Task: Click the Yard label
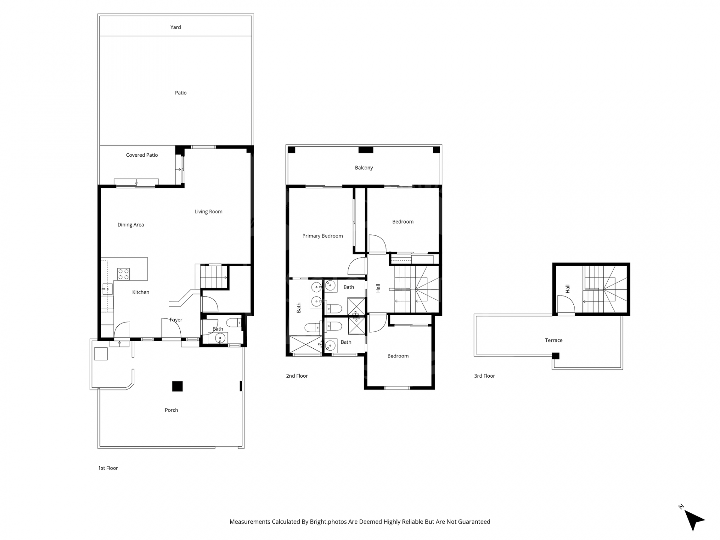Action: pyautogui.click(x=175, y=27)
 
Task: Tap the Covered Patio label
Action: pyautogui.click(x=142, y=155)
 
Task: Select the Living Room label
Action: pyautogui.click(x=208, y=211)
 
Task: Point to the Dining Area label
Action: pyautogui.click(x=130, y=225)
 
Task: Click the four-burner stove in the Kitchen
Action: pyautogui.click(x=123, y=274)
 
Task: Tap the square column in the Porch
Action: pyautogui.click(x=177, y=386)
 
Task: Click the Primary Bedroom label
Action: pyautogui.click(x=322, y=236)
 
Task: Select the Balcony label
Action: pyautogui.click(x=364, y=168)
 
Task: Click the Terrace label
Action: pyautogui.click(x=553, y=340)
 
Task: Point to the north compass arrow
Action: pyautogui.click(x=694, y=520)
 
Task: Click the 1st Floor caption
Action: pyautogui.click(x=108, y=468)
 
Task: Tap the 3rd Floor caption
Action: pyautogui.click(x=484, y=376)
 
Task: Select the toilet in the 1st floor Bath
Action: pyautogui.click(x=235, y=322)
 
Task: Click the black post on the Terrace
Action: pyautogui.click(x=556, y=356)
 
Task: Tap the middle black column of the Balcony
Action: pyautogui.click(x=366, y=150)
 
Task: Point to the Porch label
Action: pyautogui.click(x=171, y=410)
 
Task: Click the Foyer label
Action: pyautogui.click(x=176, y=320)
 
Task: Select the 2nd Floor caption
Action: pyautogui.click(x=297, y=376)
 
